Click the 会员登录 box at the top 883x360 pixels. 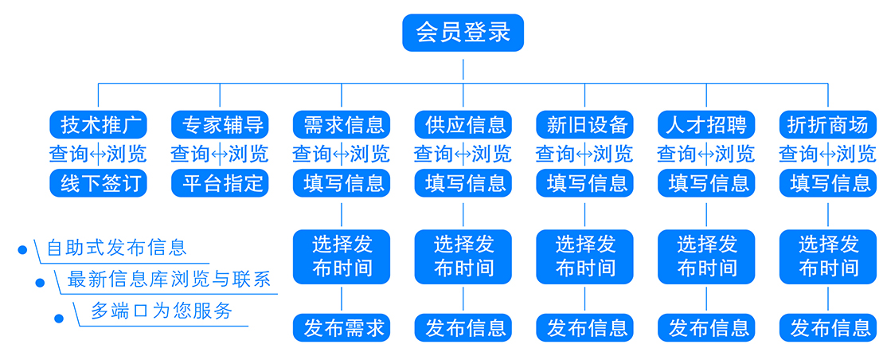[x=463, y=33]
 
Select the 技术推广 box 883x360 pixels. [x=98, y=124]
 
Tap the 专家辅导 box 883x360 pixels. [x=220, y=124]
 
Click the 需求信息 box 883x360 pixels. [x=342, y=124]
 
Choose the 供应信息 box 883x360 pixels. [x=463, y=124]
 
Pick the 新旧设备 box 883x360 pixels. [x=584, y=124]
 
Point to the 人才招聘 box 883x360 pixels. [x=706, y=124]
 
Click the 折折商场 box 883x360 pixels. [x=828, y=124]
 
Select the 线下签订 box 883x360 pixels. [x=98, y=184]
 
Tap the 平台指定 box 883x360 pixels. [x=220, y=184]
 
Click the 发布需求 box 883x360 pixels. [x=342, y=327]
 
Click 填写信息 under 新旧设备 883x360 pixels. [x=584, y=184]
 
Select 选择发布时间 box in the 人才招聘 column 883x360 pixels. [x=706, y=256]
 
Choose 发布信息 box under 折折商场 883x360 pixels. [x=828, y=327]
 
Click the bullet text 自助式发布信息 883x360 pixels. [x=116, y=248]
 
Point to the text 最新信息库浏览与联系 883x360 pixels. [x=169, y=280]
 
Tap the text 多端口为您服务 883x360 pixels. [x=162, y=311]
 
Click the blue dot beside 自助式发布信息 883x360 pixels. [x=22, y=250]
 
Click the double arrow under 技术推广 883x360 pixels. [x=98, y=154]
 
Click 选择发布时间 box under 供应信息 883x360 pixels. [x=463, y=256]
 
